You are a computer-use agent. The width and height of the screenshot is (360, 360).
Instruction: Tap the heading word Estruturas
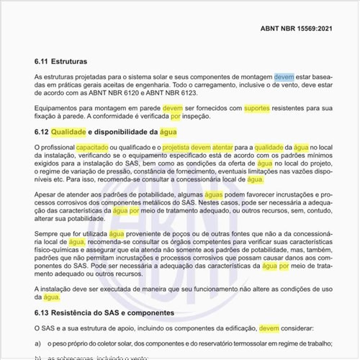pos(80,62)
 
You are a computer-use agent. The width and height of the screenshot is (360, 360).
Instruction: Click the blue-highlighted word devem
pos(284,76)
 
